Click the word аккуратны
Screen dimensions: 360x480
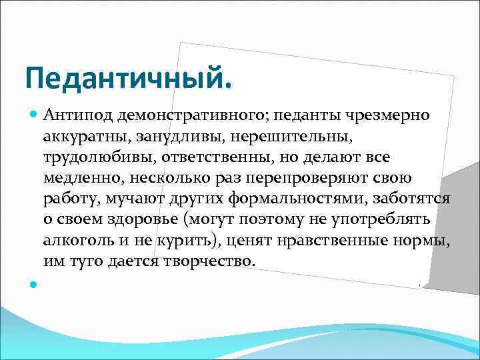click(x=85, y=137)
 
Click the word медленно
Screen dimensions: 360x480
click(x=79, y=178)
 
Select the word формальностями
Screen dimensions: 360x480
click(x=294, y=199)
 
